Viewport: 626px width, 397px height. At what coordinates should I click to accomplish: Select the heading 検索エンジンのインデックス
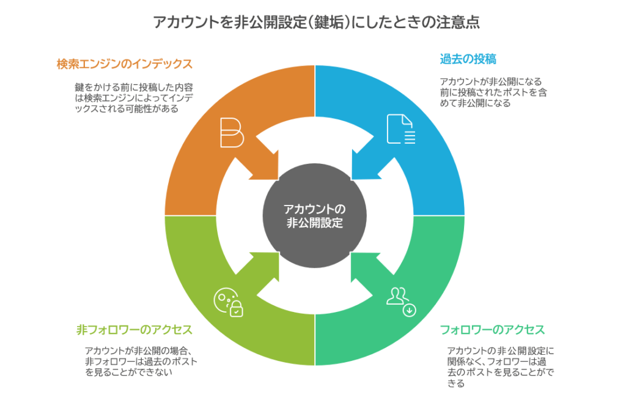pos(124,64)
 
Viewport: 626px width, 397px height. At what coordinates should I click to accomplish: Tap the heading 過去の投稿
pos(468,59)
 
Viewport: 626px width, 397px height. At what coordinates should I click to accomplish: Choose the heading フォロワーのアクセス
pos(492,330)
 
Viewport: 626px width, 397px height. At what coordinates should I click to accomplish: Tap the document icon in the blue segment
pos(400,130)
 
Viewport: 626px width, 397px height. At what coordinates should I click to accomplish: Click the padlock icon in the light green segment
pos(235,310)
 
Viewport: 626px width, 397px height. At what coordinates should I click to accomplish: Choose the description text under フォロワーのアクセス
pos(500,367)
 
